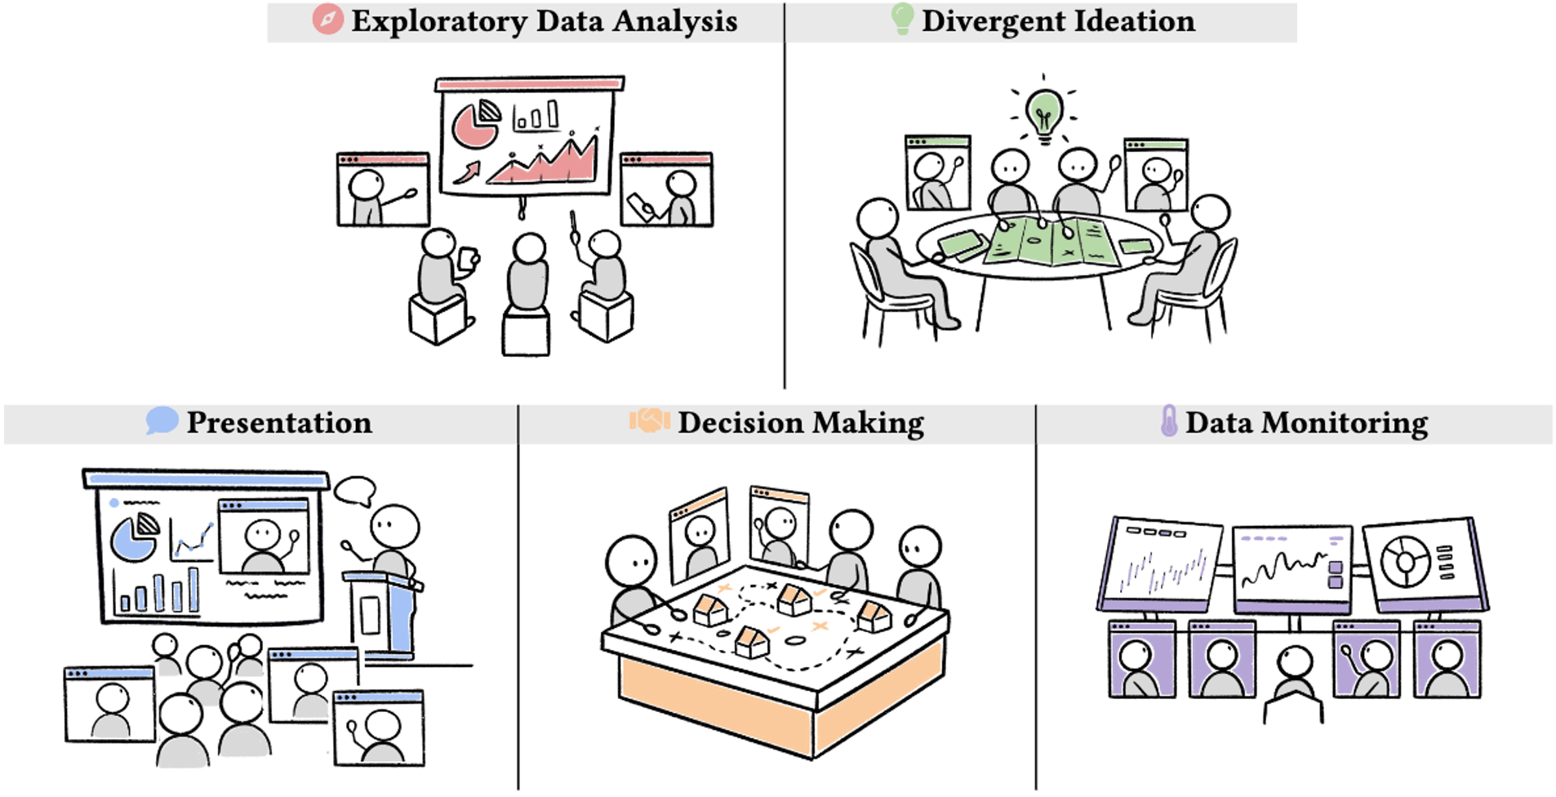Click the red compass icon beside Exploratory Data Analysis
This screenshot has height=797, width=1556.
327,20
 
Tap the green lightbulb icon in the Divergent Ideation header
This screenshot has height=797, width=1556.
902,18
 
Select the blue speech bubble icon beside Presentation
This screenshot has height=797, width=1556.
162,421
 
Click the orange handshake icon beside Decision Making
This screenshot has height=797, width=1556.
649,421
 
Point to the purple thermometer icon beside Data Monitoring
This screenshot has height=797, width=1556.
1169,421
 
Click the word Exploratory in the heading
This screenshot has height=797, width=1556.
439,21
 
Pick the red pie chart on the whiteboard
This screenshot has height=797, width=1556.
474,124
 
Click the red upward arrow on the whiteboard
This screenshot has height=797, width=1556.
467,172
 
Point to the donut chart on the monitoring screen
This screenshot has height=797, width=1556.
1404,561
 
